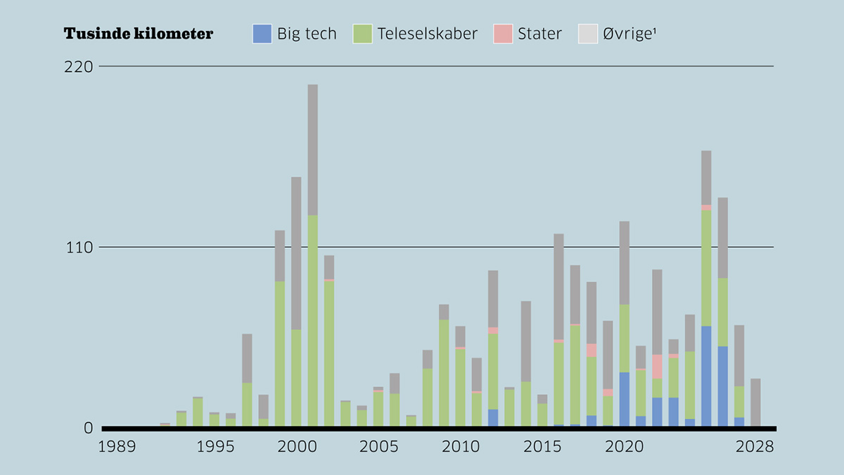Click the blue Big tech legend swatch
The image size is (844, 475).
tap(262, 34)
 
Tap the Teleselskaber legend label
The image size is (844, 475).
tap(427, 34)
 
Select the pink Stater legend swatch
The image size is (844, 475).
tap(503, 34)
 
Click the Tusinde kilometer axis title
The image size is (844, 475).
tap(138, 34)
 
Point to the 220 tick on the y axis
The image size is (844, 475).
tap(79, 67)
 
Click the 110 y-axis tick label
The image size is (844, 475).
tap(79, 248)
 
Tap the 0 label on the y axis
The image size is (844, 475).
tap(89, 428)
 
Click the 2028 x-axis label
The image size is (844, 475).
tap(755, 447)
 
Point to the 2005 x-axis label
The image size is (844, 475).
tap(378, 447)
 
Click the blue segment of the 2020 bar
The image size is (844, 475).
tap(625, 398)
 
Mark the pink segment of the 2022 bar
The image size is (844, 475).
tap(657, 366)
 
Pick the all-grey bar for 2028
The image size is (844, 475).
tap(755, 402)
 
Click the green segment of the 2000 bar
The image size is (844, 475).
tap(296, 377)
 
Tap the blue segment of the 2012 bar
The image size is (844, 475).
tap(493, 417)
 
